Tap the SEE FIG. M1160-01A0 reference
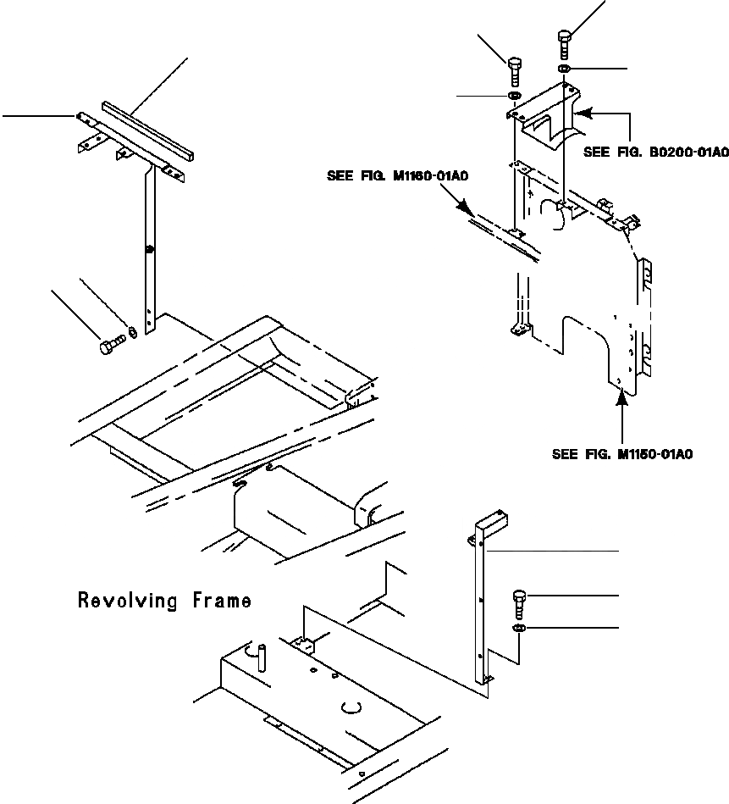click(x=398, y=176)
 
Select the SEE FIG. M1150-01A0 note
click(x=622, y=454)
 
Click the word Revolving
click(x=129, y=601)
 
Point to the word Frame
click(x=222, y=601)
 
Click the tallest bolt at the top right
click(x=565, y=42)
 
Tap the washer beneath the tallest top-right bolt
click(x=565, y=68)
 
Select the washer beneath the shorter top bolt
click(x=514, y=97)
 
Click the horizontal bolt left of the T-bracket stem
click(x=112, y=345)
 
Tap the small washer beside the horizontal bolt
click(x=131, y=331)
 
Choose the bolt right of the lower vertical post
click(x=519, y=604)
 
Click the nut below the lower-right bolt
click(x=519, y=628)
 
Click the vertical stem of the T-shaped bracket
click(x=150, y=246)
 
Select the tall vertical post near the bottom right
click(x=483, y=602)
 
